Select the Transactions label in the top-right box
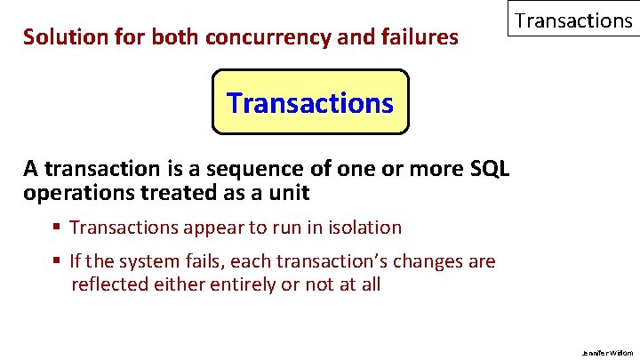click(x=573, y=20)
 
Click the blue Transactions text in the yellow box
click(x=310, y=103)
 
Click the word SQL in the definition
click(x=487, y=169)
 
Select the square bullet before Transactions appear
click(x=57, y=228)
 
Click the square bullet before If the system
click(x=57, y=262)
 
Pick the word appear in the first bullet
click(x=212, y=228)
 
